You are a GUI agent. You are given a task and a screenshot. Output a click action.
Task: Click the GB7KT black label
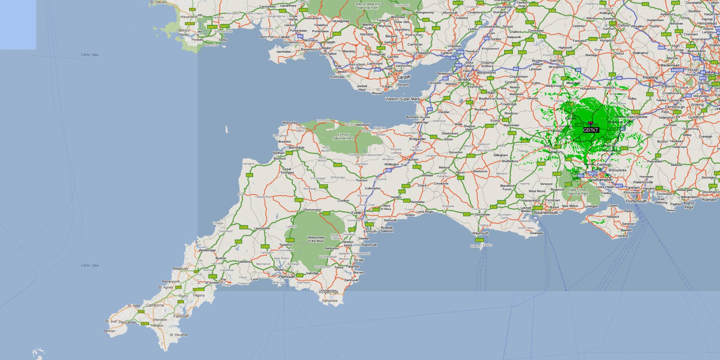tap(591, 130)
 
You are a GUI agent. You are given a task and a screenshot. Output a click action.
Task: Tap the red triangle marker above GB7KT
tap(590, 123)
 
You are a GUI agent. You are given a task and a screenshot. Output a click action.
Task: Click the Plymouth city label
tap(287, 277)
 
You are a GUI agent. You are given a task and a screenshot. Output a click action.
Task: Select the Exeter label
tap(356, 213)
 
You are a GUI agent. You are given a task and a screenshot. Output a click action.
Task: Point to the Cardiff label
tap(403, 77)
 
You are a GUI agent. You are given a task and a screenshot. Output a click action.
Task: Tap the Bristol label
tap(464, 79)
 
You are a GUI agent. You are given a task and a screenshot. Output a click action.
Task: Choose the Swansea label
tap(309, 49)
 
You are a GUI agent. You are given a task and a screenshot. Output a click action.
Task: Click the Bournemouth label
tap(546, 213)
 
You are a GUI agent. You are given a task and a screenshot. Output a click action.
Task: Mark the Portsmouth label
tap(636, 201)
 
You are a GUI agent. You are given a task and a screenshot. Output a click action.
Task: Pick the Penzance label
tap(127, 322)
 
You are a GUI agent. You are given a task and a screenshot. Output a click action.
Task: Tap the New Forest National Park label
tap(578, 192)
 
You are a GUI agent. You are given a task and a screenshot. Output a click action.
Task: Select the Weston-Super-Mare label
tap(403, 99)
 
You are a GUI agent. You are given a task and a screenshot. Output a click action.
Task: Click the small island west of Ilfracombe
tap(227, 129)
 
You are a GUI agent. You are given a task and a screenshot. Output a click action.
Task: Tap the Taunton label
tap(412, 159)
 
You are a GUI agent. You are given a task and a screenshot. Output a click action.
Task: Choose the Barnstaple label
tap(296, 148)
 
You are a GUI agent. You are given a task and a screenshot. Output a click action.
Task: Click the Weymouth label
tap(480, 233)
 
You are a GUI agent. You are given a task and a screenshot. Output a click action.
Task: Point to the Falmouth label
tap(181, 316)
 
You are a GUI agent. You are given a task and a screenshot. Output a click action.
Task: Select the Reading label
tap(650, 77)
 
